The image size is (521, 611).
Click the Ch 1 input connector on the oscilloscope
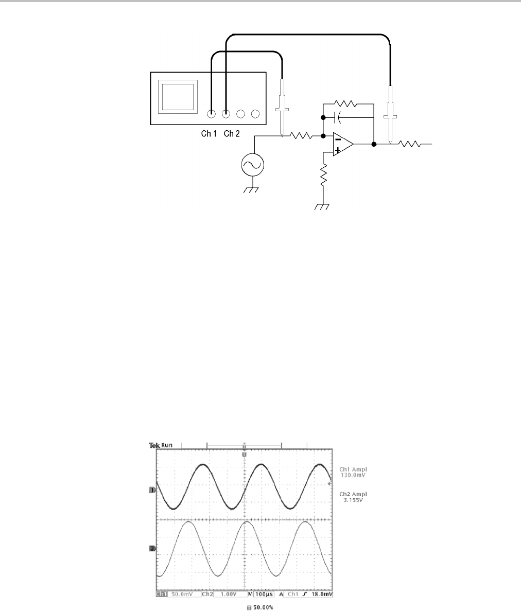pos(211,114)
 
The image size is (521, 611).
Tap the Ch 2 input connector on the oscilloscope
pos(226,114)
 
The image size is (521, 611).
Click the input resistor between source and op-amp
pos(301,136)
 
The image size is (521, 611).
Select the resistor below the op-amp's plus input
pos(323,176)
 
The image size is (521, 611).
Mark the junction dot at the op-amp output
pos(374,145)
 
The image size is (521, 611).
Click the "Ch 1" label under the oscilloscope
pos(209,134)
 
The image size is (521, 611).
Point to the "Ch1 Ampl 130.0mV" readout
pos(352,472)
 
